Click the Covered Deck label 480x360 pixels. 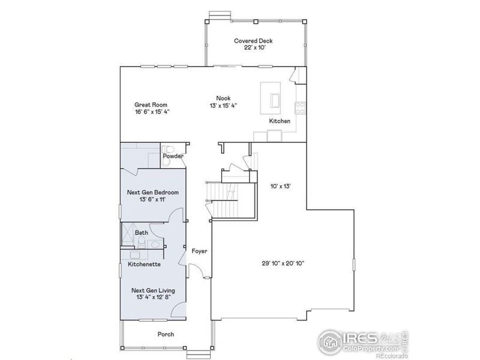click(253, 41)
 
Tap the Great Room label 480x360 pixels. click(151, 104)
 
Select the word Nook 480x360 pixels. click(224, 99)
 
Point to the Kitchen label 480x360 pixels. click(280, 121)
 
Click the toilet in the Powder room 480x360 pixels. click(168, 148)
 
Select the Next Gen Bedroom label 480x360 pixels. click(152, 192)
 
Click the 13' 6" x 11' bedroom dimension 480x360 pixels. click(152, 199)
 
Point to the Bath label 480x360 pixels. click(141, 232)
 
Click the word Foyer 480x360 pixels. click(199, 251)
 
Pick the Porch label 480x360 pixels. click(166, 334)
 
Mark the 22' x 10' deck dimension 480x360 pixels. click(253, 48)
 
